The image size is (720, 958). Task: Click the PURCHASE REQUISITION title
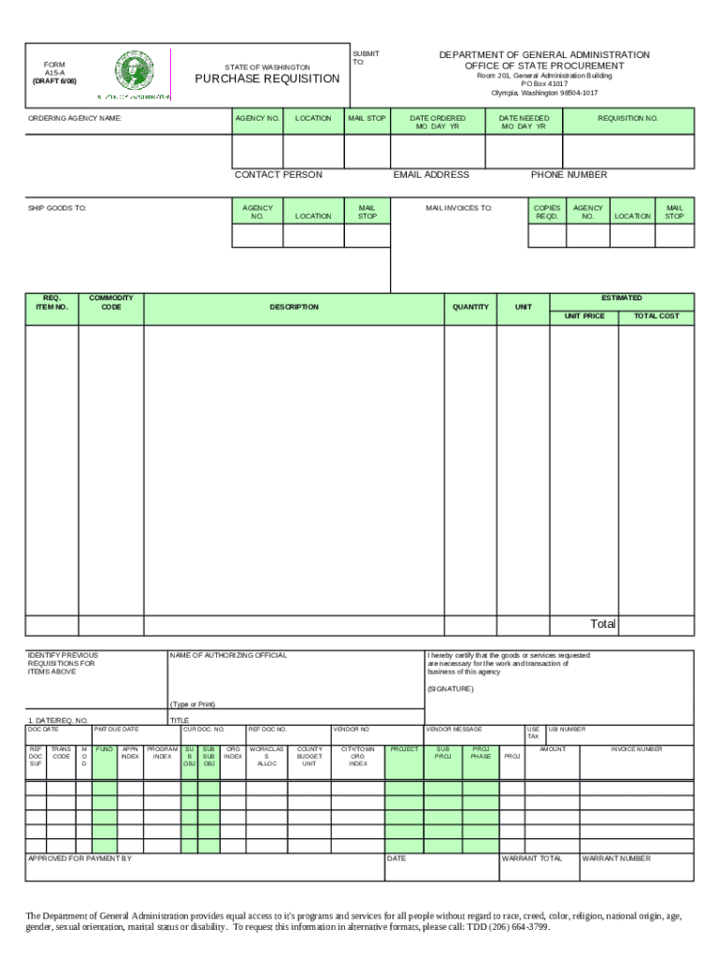(266, 79)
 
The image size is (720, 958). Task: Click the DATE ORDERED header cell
(438, 123)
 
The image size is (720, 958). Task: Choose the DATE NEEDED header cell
(524, 123)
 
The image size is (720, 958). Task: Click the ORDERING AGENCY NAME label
(75, 119)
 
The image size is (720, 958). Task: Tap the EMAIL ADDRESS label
(431, 175)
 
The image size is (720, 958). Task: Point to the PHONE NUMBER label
(569, 175)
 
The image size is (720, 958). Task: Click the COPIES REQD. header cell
(547, 211)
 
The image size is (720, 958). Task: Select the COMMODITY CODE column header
(110, 302)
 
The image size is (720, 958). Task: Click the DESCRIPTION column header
(295, 307)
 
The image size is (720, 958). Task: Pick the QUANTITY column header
(470, 307)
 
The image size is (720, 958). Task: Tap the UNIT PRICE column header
(584, 316)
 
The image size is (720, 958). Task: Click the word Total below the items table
(602, 624)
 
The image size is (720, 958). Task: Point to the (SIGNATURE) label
(451, 689)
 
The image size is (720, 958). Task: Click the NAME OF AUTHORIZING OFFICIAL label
(228, 655)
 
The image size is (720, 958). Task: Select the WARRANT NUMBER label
(615, 858)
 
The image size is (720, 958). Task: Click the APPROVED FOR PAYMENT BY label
(79, 858)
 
